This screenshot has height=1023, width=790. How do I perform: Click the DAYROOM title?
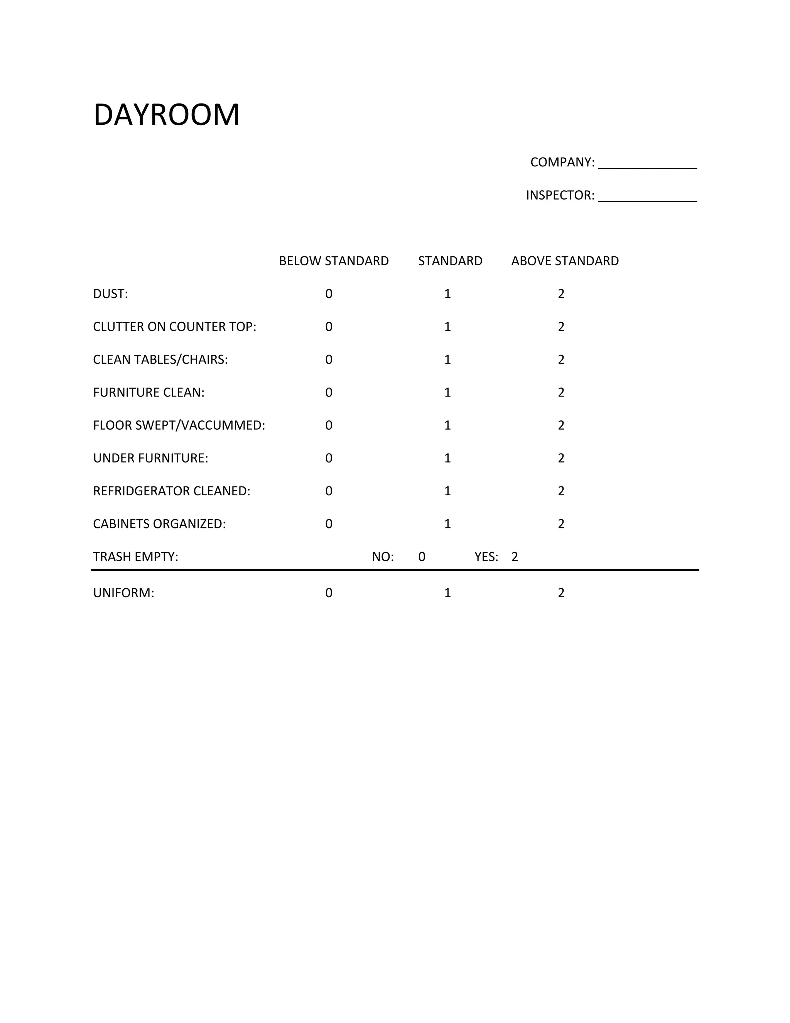pos(167,115)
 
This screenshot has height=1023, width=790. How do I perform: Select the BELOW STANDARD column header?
pos(334,261)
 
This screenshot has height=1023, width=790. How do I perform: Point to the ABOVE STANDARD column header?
pos(565,261)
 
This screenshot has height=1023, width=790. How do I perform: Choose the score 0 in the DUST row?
pos(329,294)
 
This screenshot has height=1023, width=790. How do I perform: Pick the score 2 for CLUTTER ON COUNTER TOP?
pos(561,327)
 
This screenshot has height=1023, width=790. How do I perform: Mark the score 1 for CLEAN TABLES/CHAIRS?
pos(447,360)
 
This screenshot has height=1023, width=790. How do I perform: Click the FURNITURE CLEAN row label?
pos(149,393)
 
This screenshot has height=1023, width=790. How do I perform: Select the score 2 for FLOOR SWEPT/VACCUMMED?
pos(561,425)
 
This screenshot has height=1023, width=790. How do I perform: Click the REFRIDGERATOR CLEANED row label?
pos(172,491)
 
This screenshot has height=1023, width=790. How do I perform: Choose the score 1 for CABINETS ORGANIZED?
pos(447,524)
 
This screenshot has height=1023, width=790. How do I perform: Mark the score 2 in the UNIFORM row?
pos(561,593)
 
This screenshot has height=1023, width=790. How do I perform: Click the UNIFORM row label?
pos(123,593)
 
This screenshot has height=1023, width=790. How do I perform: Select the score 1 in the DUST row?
pos(447,294)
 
